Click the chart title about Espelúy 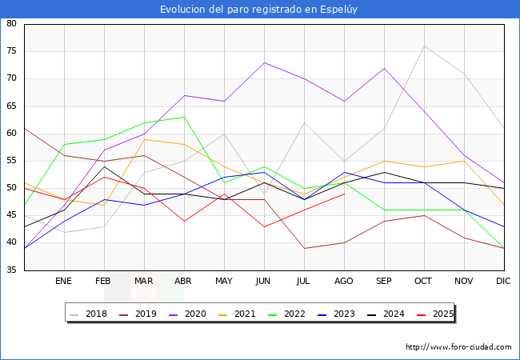point(260,10)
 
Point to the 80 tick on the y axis point(12,24)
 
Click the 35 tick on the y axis point(12,270)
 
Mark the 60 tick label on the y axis point(12,134)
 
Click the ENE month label point(64,282)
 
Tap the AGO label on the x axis point(344,282)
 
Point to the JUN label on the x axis point(264,282)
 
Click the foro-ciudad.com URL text point(458,347)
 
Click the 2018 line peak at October point(424,46)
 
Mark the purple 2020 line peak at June point(264,62)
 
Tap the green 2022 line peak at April point(184,117)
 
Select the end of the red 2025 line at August point(344,194)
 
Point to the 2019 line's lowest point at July point(304,248)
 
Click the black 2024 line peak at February point(104,166)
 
